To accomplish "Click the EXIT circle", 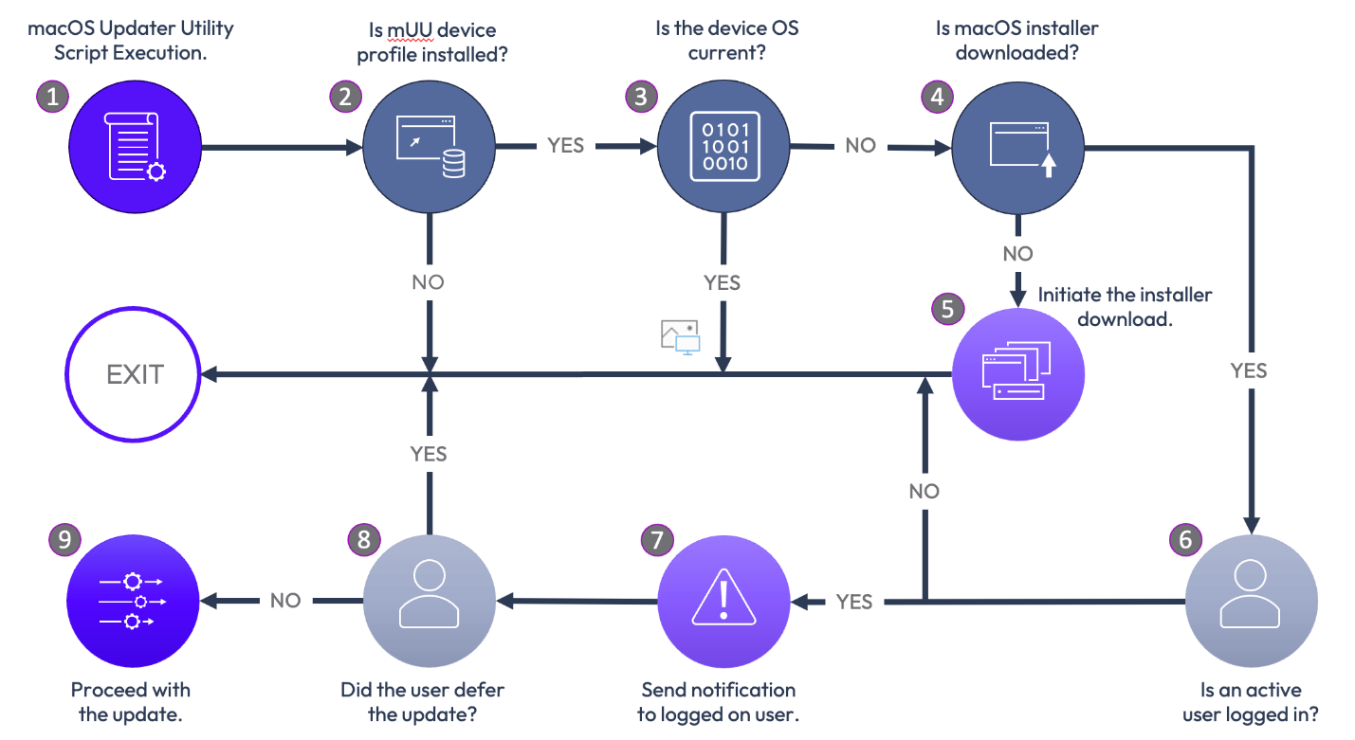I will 135,374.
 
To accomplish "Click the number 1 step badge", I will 53,95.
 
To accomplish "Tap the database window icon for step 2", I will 430,148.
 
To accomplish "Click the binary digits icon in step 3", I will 725,148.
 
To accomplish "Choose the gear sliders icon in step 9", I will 133,601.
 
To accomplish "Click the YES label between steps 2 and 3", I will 565,146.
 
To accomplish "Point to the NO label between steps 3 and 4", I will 860,146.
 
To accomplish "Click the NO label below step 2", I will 428,281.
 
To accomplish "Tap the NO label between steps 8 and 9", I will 285,601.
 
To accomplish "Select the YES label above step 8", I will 429,454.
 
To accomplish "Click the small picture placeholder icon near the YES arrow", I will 679,337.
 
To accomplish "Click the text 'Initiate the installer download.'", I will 1125,306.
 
